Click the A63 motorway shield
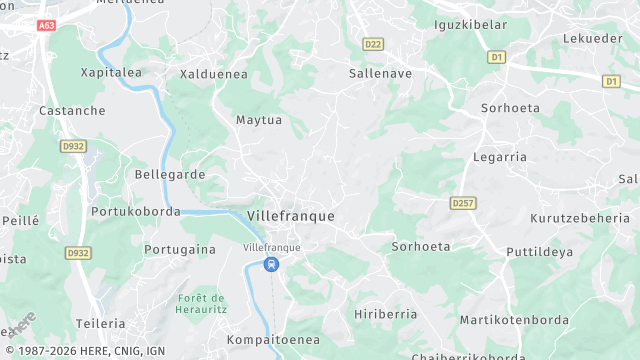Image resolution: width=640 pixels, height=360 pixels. (46, 25)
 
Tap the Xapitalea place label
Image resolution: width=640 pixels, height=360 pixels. (110, 73)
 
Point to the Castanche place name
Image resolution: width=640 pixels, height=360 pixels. (72, 111)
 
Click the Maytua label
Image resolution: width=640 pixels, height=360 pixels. (258, 121)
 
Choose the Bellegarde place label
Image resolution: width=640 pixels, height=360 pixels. (170, 174)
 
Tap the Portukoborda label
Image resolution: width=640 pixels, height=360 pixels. (135, 212)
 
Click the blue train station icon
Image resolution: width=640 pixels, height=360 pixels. (271, 264)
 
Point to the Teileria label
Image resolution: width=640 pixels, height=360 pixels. (100, 324)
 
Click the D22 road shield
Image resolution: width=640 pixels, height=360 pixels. (373, 44)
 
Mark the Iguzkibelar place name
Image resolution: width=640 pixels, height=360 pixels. (470, 24)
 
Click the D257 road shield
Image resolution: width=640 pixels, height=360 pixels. (461, 203)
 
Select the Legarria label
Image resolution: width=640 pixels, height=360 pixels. (499, 157)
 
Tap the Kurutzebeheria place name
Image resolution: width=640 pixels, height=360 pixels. (579, 218)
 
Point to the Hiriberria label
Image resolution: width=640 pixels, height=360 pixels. (385, 314)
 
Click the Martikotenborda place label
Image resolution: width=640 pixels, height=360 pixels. (514, 321)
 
